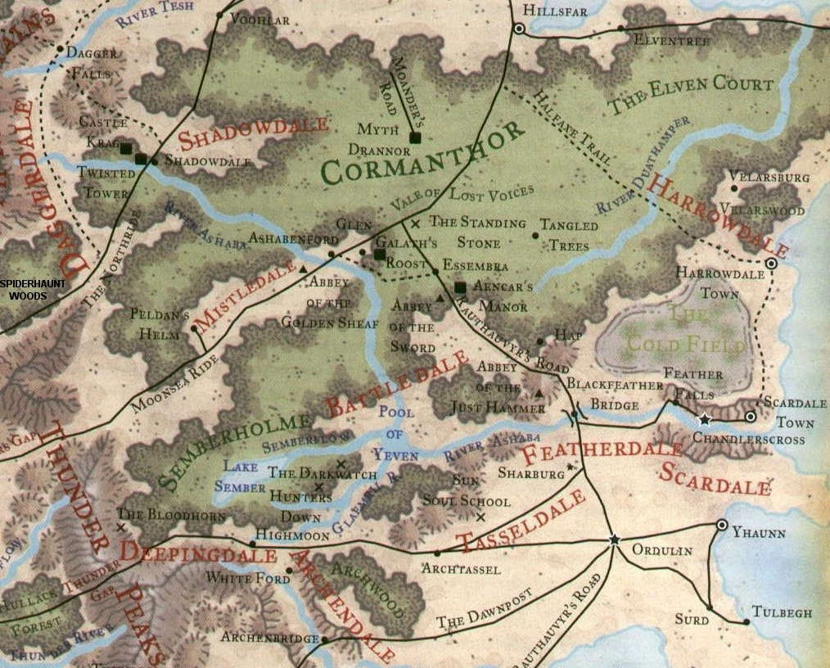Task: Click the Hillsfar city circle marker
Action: click(518, 29)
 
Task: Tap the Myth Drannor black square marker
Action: click(415, 138)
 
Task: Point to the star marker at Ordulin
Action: click(614, 539)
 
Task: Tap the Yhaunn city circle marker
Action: click(721, 525)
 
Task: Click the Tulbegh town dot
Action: click(747, 623)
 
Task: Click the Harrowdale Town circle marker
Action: click(770, 264)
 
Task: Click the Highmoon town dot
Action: click(252, 543)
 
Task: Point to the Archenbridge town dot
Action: click(325, 639)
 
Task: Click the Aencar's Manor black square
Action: click(460, 287)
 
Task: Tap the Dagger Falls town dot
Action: click(60, 48)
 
